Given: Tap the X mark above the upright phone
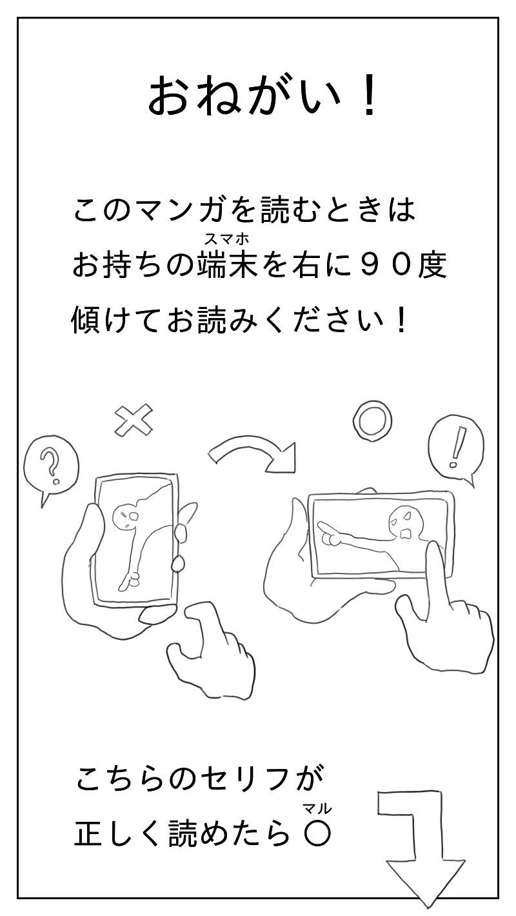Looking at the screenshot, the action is coord(134,419).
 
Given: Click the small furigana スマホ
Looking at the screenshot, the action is coord(227,238).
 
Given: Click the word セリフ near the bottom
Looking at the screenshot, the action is coord(244,781).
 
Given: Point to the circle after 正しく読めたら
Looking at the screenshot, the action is coord(317,834).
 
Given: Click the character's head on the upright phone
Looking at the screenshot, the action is coord(124,517).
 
